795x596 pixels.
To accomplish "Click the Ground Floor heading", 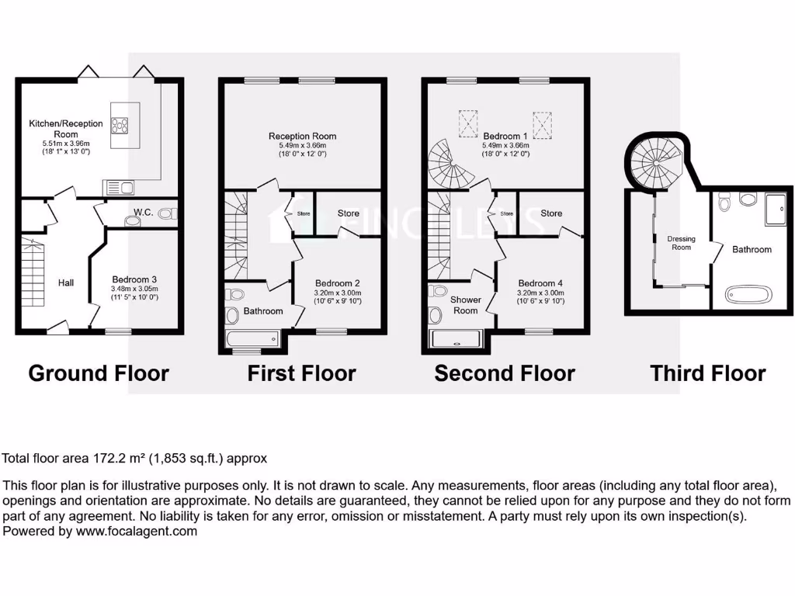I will (99, 373).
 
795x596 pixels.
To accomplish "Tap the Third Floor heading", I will (708, 373).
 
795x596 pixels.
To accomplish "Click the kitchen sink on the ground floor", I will (118, 186).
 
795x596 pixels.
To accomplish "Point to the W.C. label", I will (142, 211).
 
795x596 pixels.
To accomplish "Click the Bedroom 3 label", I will (134, 279).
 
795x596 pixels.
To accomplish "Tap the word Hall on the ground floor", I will (66, 283).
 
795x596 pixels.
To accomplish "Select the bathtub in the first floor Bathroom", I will (252, 339).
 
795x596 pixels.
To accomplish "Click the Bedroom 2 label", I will (337, 283).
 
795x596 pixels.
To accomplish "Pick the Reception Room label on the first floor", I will (302, 136).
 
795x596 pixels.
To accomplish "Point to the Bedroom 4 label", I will (540, 283).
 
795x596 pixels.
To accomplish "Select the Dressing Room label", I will (680, 243).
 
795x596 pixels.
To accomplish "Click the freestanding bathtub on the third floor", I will (749, 294).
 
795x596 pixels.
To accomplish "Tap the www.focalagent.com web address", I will (136, 532).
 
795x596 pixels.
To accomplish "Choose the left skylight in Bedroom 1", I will (468, 122).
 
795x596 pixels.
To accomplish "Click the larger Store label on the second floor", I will (551, 213).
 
